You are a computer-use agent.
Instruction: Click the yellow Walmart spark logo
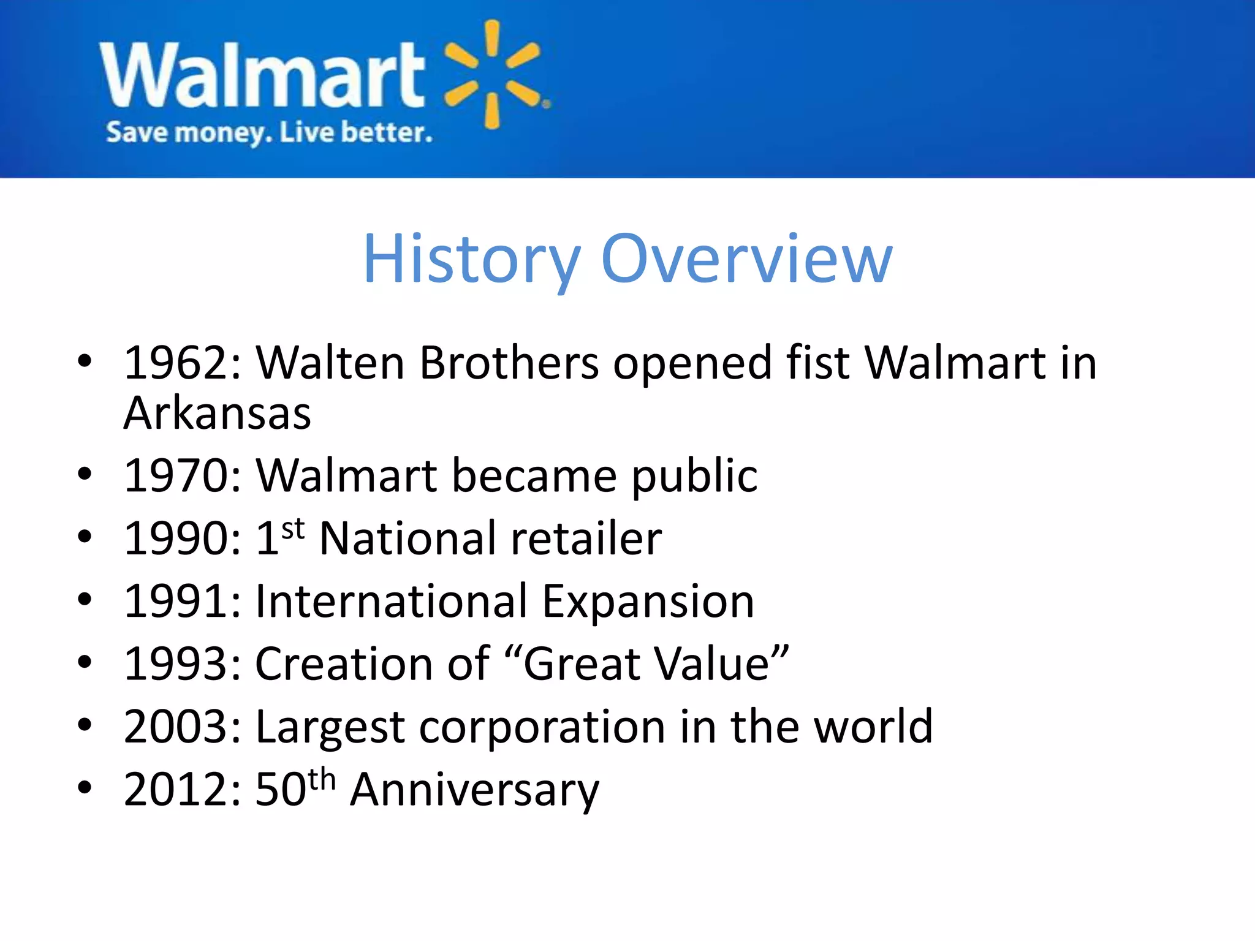point(493,74)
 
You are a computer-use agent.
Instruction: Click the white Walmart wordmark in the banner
point(262,75)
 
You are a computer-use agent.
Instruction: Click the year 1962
point(176,363)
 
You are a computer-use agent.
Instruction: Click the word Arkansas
point(218,414)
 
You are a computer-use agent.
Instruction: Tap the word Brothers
point(509,363)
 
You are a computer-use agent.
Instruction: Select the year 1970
point(176,476)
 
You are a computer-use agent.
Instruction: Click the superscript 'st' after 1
point(293,528)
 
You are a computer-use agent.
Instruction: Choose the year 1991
point(176,602)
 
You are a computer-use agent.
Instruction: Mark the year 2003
point(176,727)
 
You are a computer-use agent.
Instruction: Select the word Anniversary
point(474,791)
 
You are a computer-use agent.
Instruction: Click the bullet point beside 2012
point(85,788)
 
